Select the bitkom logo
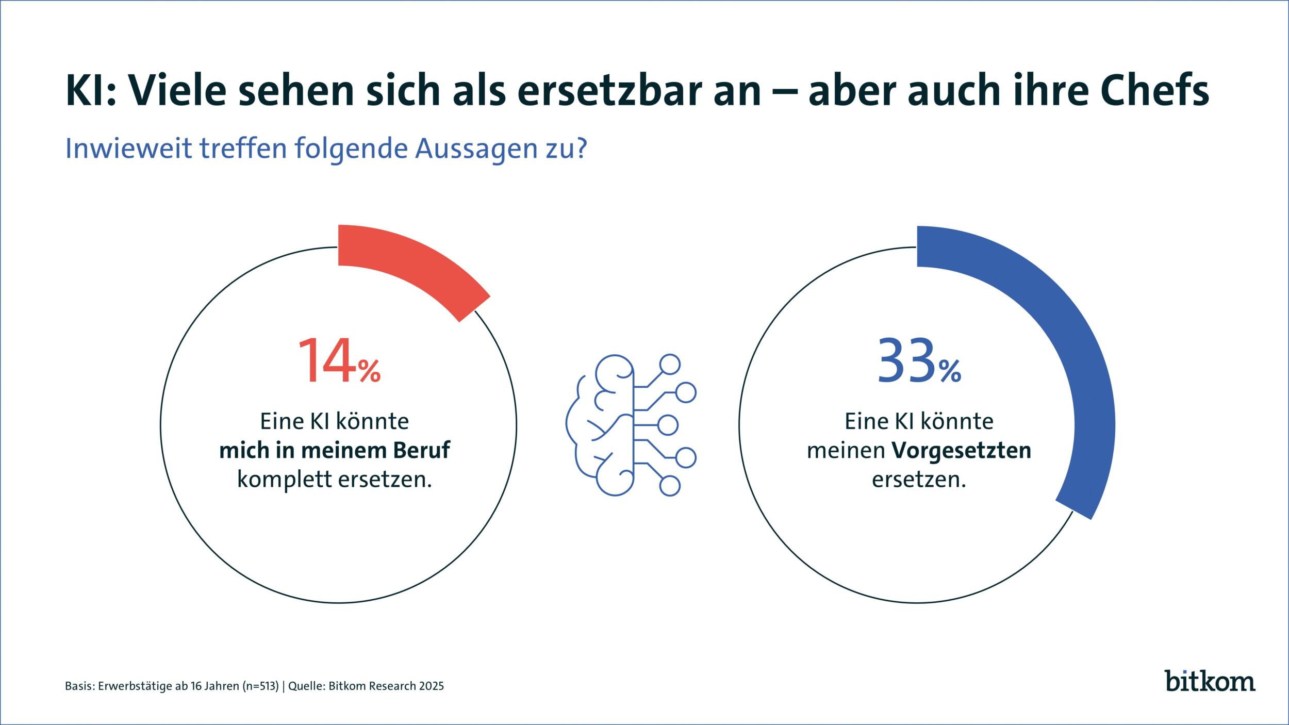[1210, 681]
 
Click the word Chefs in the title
[1155, 91]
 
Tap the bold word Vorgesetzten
[962, 451]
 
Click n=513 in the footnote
[261, 686]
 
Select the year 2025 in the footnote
[431, 686]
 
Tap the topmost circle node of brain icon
[670, 365]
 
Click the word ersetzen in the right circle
[918, 480]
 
